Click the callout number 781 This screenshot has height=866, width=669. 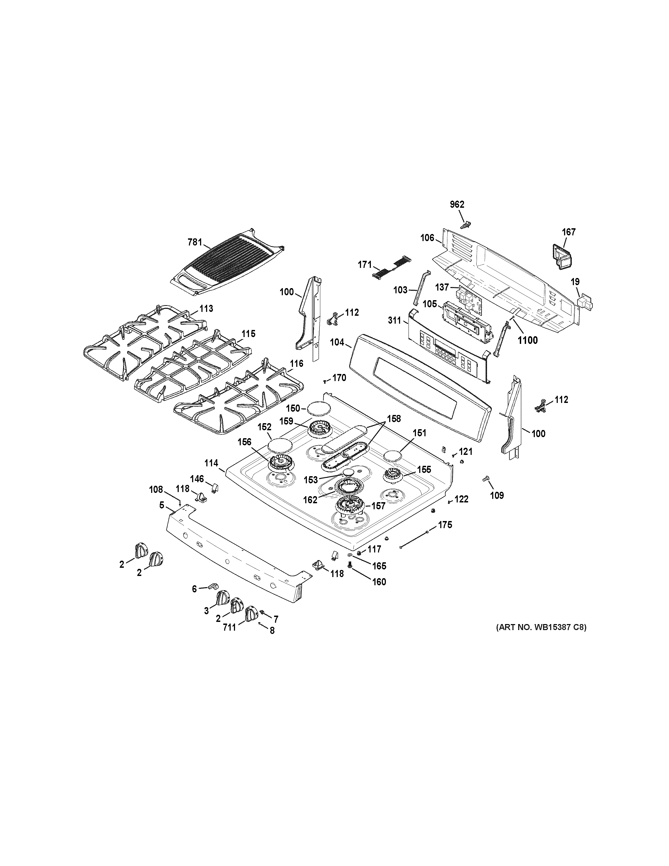click(x=195, y=242)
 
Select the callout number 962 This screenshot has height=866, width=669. click(x=457, y=204)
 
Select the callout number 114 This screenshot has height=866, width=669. click(x=211, y=463)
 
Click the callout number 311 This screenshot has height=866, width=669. click(x=395, y=321)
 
